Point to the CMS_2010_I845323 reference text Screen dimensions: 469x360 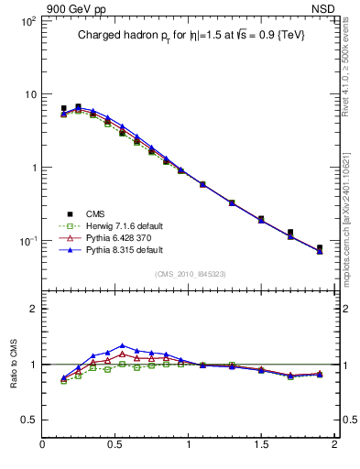click(x=189, y=273)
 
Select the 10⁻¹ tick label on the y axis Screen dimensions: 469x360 click(x=25, y=241)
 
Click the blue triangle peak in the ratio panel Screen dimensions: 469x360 click(x=123, y=345)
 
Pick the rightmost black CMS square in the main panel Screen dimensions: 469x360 click(x=320, y=248)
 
